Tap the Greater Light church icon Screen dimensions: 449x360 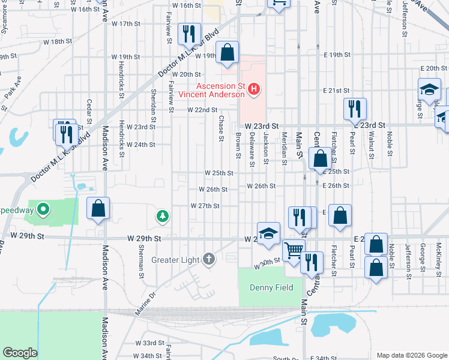pyautogui.click(x=208, y=259)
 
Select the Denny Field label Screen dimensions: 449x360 pyautogui.click(x=271, y=287)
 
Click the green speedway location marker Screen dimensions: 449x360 pyautogui.click(x=43, y=210)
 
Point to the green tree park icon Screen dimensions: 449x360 pyautogui.click(x=161, y=215)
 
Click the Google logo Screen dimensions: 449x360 pyautogui.click(x=20, y=353)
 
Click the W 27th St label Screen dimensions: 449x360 pyautogui.click(x=205, y=206)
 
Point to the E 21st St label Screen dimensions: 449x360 pyautogui.click(x=336, y=91)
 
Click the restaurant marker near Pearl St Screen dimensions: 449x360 pyautogui.click(x=354, y=110)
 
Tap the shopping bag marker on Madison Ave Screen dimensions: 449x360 pyautogui.click(x=98, y=209)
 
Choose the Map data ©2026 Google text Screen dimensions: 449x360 pyautogui.click(x=411, y=355)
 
